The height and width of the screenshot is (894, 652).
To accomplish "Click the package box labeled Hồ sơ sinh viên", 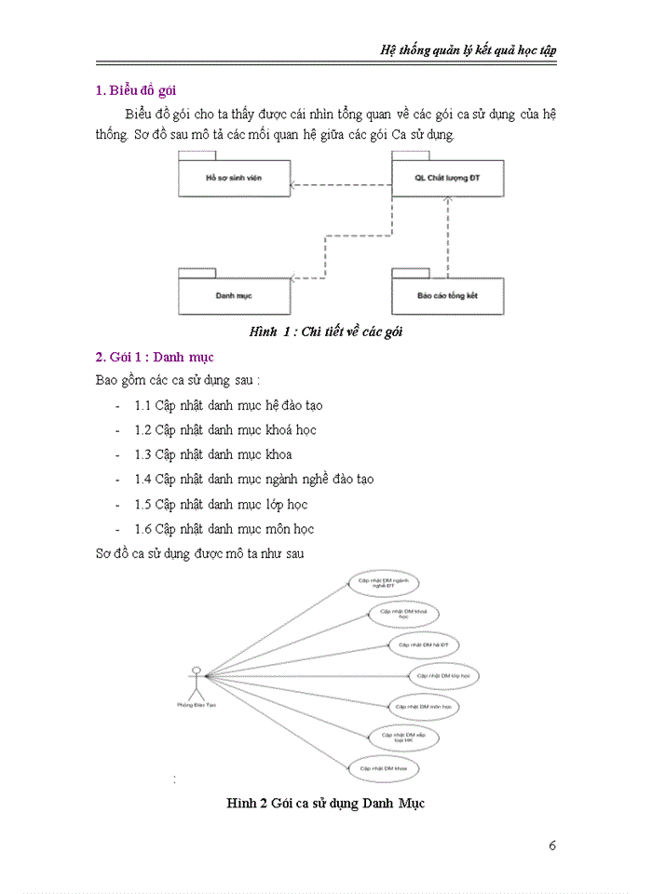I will tap(234, 178).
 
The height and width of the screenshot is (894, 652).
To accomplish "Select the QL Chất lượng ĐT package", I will tap(446, 177).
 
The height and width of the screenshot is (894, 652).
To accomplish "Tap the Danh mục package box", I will tap(234, 295).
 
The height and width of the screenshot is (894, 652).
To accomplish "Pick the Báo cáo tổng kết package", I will tap(447, 295).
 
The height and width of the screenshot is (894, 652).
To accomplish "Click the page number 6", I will tap(552, 846).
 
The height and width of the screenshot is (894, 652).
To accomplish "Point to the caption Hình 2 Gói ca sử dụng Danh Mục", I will tap(325, 803).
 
